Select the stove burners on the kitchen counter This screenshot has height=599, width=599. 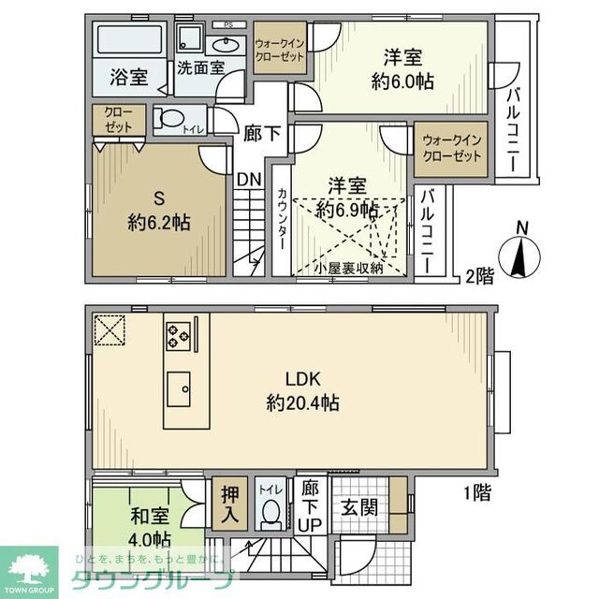[x=178, y=334]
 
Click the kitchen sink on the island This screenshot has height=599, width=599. [x=179, y=385]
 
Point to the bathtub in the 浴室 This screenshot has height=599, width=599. [x=130, y=42]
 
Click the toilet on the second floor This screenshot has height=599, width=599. [x=170, y=120]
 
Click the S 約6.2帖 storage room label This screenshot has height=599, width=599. [x=158, y=211]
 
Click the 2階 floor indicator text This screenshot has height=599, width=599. [x=479, y=275]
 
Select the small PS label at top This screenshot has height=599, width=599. [x=227, y=24]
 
